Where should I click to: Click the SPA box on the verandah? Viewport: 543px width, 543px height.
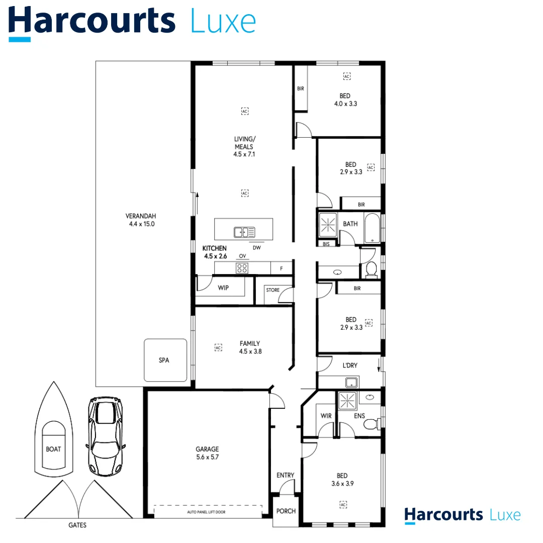pos(165,360)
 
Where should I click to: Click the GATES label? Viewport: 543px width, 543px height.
pos(77,525)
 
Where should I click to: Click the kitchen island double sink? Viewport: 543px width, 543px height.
pos(244,232)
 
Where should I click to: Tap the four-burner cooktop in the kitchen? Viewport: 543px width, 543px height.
pos(242,268)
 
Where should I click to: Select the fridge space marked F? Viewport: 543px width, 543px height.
pos(282,268)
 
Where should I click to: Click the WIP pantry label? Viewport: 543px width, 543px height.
pos(223,289)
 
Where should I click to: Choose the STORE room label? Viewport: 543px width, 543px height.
pos(273,290)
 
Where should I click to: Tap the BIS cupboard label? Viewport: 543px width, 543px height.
pos(326,244)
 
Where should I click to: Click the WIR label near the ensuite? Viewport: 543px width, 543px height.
pos(325,416)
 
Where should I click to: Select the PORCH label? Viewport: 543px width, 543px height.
pos(286,511)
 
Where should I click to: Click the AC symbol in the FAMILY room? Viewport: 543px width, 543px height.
pos(218,347)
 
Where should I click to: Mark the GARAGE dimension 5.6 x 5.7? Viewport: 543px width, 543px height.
pos(207,458)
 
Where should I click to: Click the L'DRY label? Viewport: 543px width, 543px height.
pos(350,366)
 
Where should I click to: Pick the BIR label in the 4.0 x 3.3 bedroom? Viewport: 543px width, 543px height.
pos(301,88)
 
